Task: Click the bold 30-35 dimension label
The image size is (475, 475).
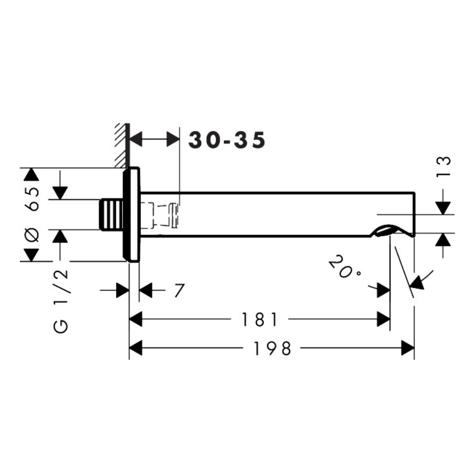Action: (x=227, y=140)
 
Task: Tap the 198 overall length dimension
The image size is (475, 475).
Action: (x=272, y=348)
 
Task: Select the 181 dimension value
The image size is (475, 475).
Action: (x=260, y=319)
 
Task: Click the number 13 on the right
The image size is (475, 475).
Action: (x=443, y=166)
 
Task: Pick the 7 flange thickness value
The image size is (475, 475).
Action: (x=179, y=291)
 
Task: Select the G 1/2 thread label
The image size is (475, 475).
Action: (x=61, y=301)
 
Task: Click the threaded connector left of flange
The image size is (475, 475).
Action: (x=111, y=215)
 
